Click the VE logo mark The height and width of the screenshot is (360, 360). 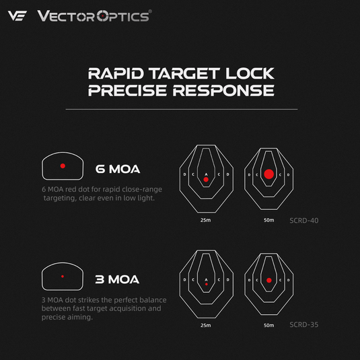[17, 16]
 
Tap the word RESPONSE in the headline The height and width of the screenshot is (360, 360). [223, 90]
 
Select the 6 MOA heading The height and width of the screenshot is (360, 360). [118, 169]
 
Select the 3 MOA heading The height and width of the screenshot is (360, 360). [117, 279]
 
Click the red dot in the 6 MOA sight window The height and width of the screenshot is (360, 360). [63, 166]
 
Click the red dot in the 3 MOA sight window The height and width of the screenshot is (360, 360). [63, 277]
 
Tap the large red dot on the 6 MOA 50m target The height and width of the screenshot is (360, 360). [269, 174]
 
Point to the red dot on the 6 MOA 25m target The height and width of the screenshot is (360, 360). [206, 180]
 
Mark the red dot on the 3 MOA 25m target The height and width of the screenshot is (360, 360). [207, 284]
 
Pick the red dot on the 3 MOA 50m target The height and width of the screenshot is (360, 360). [269, 281]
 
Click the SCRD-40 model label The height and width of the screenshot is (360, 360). [304, 221]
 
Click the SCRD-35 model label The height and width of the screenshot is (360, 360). [304, 324]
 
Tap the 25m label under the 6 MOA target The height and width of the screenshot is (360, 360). [205, 220]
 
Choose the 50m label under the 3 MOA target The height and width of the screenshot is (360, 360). [269, 325]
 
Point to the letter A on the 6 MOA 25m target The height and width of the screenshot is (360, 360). [206, 174]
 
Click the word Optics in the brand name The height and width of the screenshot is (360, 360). [122, 17]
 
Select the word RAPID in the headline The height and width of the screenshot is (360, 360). [116, 73]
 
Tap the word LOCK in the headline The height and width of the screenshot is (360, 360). [250, 73]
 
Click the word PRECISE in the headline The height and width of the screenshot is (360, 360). [127, 90]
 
